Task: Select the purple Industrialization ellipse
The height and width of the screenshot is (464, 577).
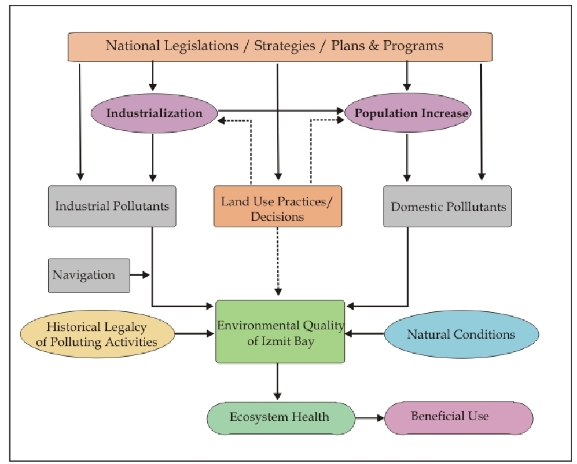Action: point(154,113)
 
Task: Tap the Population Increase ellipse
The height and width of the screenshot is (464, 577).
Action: point(407,113)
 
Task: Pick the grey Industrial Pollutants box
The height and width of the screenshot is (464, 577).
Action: point(112,206)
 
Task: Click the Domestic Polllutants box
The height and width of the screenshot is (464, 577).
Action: point(447,206)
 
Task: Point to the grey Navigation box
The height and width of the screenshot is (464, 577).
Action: point(89,275)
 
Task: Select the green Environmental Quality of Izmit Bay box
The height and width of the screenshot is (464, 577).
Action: point(280,331)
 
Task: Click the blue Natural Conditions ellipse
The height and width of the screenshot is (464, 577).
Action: point(461,334)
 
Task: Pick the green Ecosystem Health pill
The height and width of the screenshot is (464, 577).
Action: point(280,417)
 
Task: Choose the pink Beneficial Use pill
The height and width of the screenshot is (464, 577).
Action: point(458,417)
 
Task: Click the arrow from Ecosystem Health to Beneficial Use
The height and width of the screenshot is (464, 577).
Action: point(369,418)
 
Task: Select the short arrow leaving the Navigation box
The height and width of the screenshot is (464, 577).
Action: point(140,275)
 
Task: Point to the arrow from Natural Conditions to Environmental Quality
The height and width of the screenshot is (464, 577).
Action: point(364,334)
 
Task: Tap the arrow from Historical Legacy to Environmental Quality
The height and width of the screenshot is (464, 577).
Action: point(195,334)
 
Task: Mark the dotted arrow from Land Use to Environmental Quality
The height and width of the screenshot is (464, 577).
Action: point(279,263)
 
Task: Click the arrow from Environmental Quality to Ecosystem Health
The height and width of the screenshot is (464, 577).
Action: point(278,383)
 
